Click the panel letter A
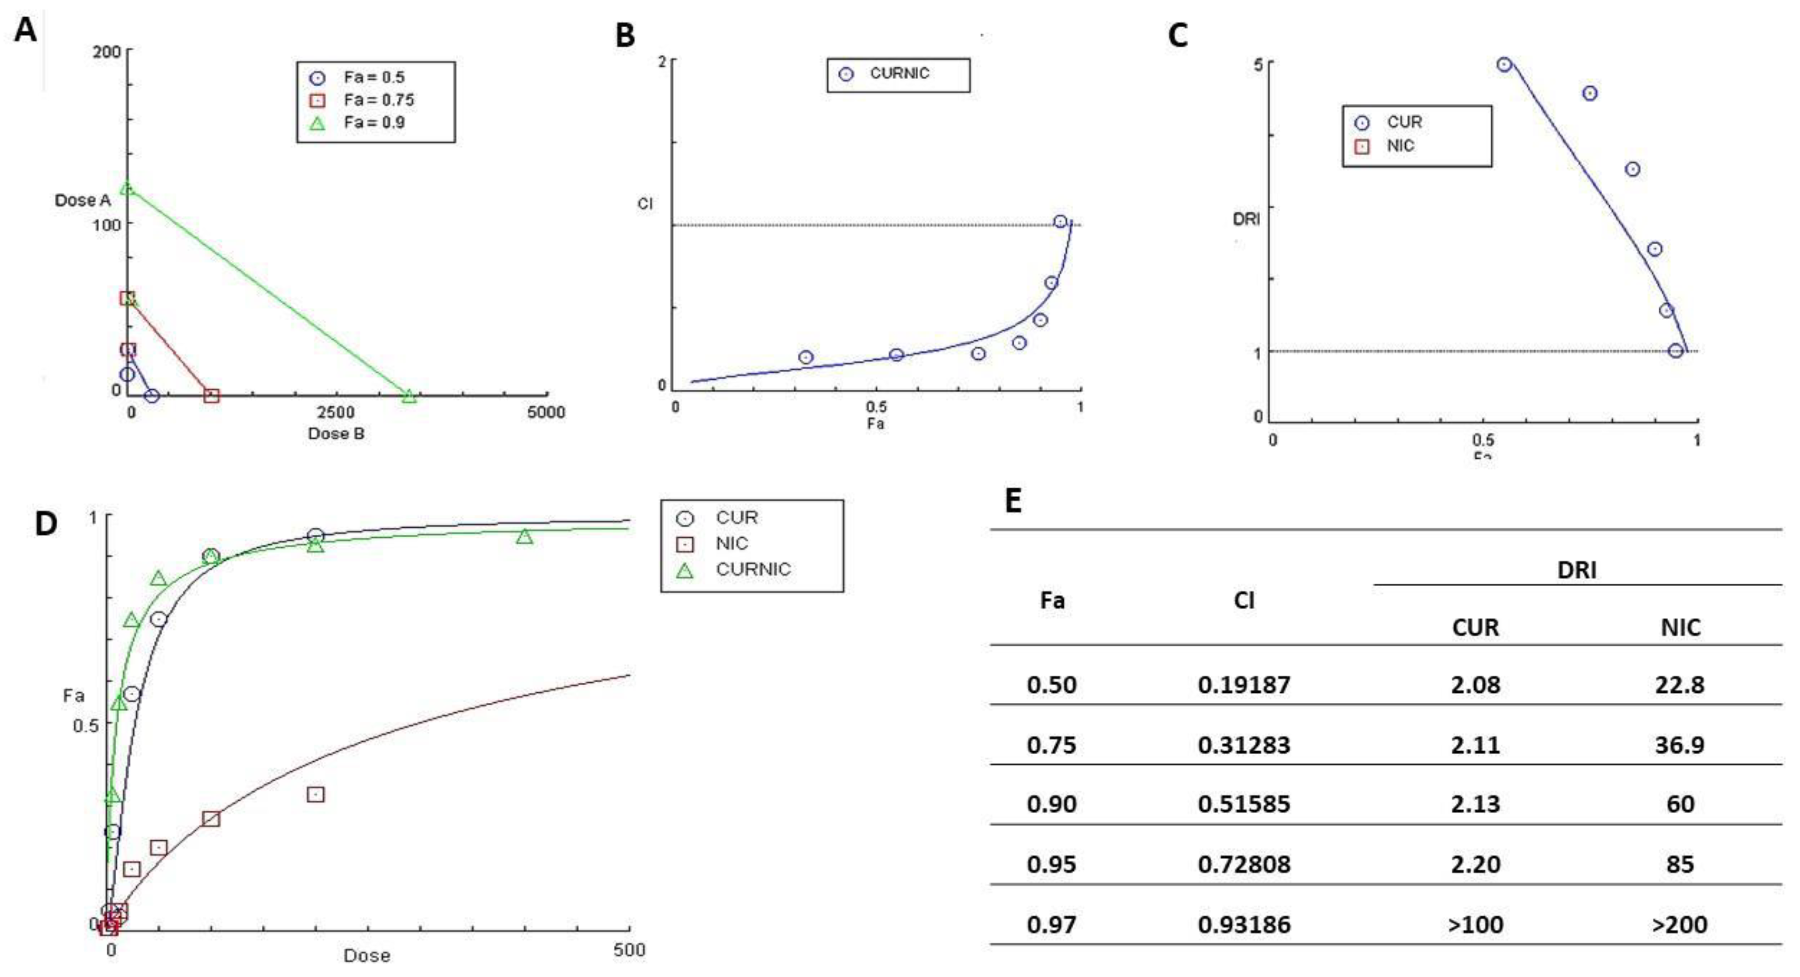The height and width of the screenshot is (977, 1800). click(26, 31)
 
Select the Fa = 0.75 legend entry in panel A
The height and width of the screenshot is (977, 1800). click(378, 100)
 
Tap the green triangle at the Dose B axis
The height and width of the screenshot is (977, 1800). click(409, 396)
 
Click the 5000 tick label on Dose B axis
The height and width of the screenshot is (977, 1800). click(546, 413)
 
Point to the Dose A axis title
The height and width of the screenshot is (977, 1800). click(82, 201)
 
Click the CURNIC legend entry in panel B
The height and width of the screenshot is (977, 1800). click(899, 73)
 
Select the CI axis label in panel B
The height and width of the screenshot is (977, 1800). click(645, 204)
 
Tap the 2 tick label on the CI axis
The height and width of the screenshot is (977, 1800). click(662, 62)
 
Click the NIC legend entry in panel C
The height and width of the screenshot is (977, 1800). click(1400, 146)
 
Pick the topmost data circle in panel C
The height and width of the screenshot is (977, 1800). click(1504, 65)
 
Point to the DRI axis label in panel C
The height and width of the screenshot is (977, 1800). click(1246, 220)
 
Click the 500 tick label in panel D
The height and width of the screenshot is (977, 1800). click(629, 950)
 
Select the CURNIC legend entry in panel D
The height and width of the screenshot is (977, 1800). click(752, 569)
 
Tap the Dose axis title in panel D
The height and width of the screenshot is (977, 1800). click(367, 955)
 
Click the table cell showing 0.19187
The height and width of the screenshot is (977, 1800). click(1244, 685)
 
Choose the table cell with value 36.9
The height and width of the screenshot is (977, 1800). click(1679, 745)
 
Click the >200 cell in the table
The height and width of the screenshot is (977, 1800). click(1679, 925)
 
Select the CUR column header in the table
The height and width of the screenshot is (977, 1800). click(1475, 628)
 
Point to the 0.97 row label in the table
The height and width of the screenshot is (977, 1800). click(1051, 925)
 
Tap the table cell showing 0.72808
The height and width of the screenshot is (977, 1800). click(1244, 865)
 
